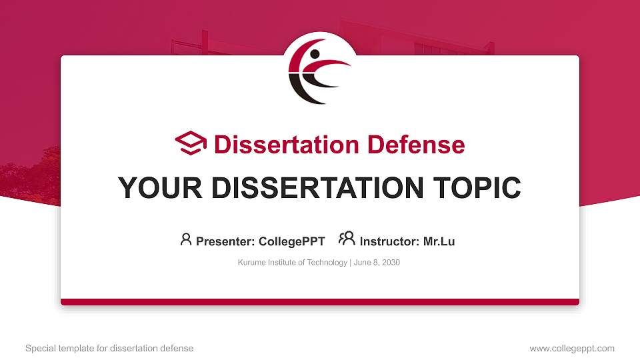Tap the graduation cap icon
tap(191, 144)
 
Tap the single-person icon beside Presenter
tap(186, 239)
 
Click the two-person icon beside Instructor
tap(347, 239)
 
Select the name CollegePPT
tap(292, 241)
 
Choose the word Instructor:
tap(389, 241)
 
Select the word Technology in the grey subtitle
tap(326, 263)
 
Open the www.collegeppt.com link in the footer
tap(571, 348)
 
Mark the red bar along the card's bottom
tap(320, 302)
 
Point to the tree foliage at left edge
tap(27, 180)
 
